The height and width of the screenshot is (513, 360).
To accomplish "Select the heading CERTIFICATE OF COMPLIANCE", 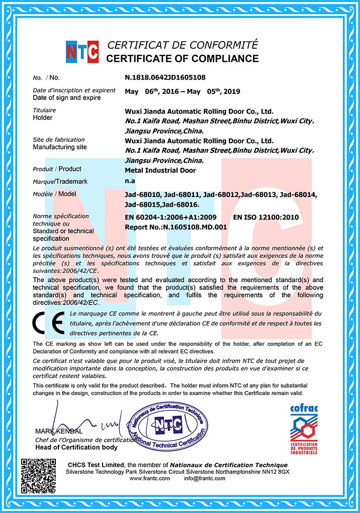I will pos(182,58).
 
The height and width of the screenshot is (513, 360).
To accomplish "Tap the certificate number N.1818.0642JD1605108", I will pos(165,77).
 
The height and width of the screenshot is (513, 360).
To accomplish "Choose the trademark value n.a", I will pos(130,181).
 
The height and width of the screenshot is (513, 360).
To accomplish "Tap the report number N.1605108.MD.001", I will pos(194,226).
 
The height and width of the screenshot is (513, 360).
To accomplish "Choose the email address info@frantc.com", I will pos(205,478).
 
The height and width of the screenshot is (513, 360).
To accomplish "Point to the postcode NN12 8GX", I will pos(276,471).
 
